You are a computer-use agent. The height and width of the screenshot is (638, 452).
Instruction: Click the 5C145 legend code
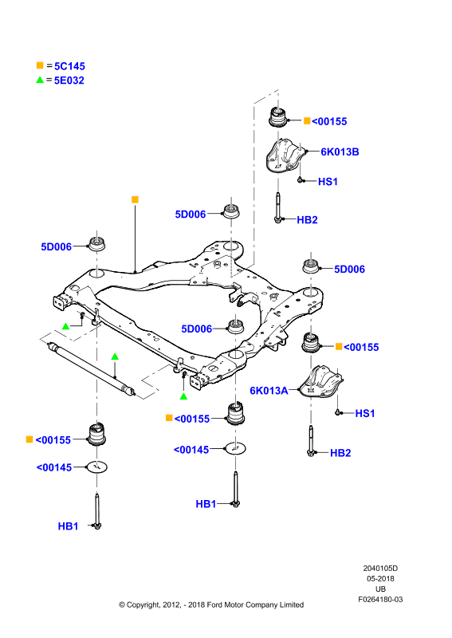tap(69, 66)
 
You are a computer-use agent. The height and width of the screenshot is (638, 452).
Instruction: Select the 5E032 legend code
tap(69, 81)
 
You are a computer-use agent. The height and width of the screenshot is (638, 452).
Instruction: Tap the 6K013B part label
tap(340, 152)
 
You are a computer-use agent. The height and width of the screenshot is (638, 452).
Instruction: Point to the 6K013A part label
tap(269, 391)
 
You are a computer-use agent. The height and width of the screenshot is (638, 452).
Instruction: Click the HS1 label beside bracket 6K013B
tap(328, 182)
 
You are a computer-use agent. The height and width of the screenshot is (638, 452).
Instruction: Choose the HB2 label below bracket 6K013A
tap(340, 453)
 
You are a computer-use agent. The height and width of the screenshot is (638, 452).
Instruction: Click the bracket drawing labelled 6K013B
tap(285, 156)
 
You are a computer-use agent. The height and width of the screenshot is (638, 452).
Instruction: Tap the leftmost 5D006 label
tap(56, 247)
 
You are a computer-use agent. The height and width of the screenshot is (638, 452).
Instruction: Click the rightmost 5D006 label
tap(349, 270)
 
